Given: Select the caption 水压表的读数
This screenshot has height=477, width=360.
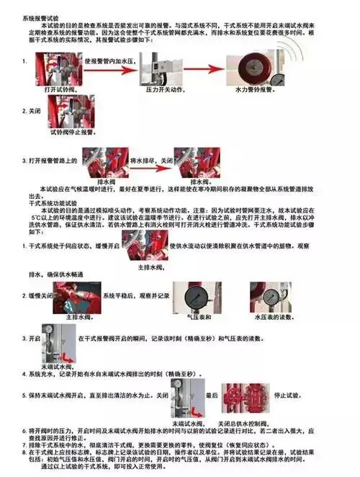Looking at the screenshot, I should pyautogui.click(x=272, y=317).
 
